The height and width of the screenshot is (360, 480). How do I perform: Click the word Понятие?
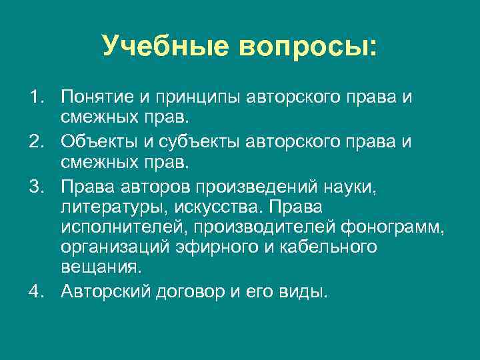pyautogui.click(x=97, y=98)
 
